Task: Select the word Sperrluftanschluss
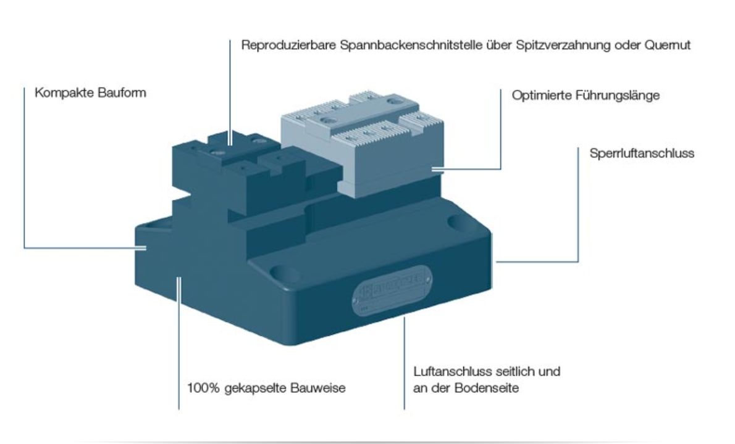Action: pos(642,154)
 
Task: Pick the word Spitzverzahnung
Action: pos(541,46)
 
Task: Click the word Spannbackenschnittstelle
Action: pos(416,46)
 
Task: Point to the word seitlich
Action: pos(521,372)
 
